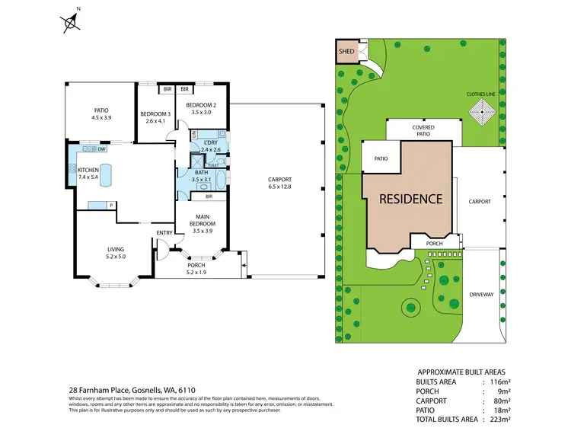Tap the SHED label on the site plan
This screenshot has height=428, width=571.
pos(346,53)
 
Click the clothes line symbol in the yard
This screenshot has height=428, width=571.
pos(481,115)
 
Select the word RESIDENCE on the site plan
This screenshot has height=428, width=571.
pos(411,200)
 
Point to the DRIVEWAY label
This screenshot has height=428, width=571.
pos(481,293)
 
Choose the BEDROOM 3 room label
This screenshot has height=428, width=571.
pos(155,114)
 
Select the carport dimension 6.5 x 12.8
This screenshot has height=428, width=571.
pos(279,187)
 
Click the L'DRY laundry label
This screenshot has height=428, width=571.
pos(210,143)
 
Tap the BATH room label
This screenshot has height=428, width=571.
pos(202,172)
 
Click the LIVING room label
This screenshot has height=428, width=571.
pos(116,250)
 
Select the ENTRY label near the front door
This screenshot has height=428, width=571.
pos(164,232)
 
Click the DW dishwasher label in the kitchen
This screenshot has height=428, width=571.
pos(101,149)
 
